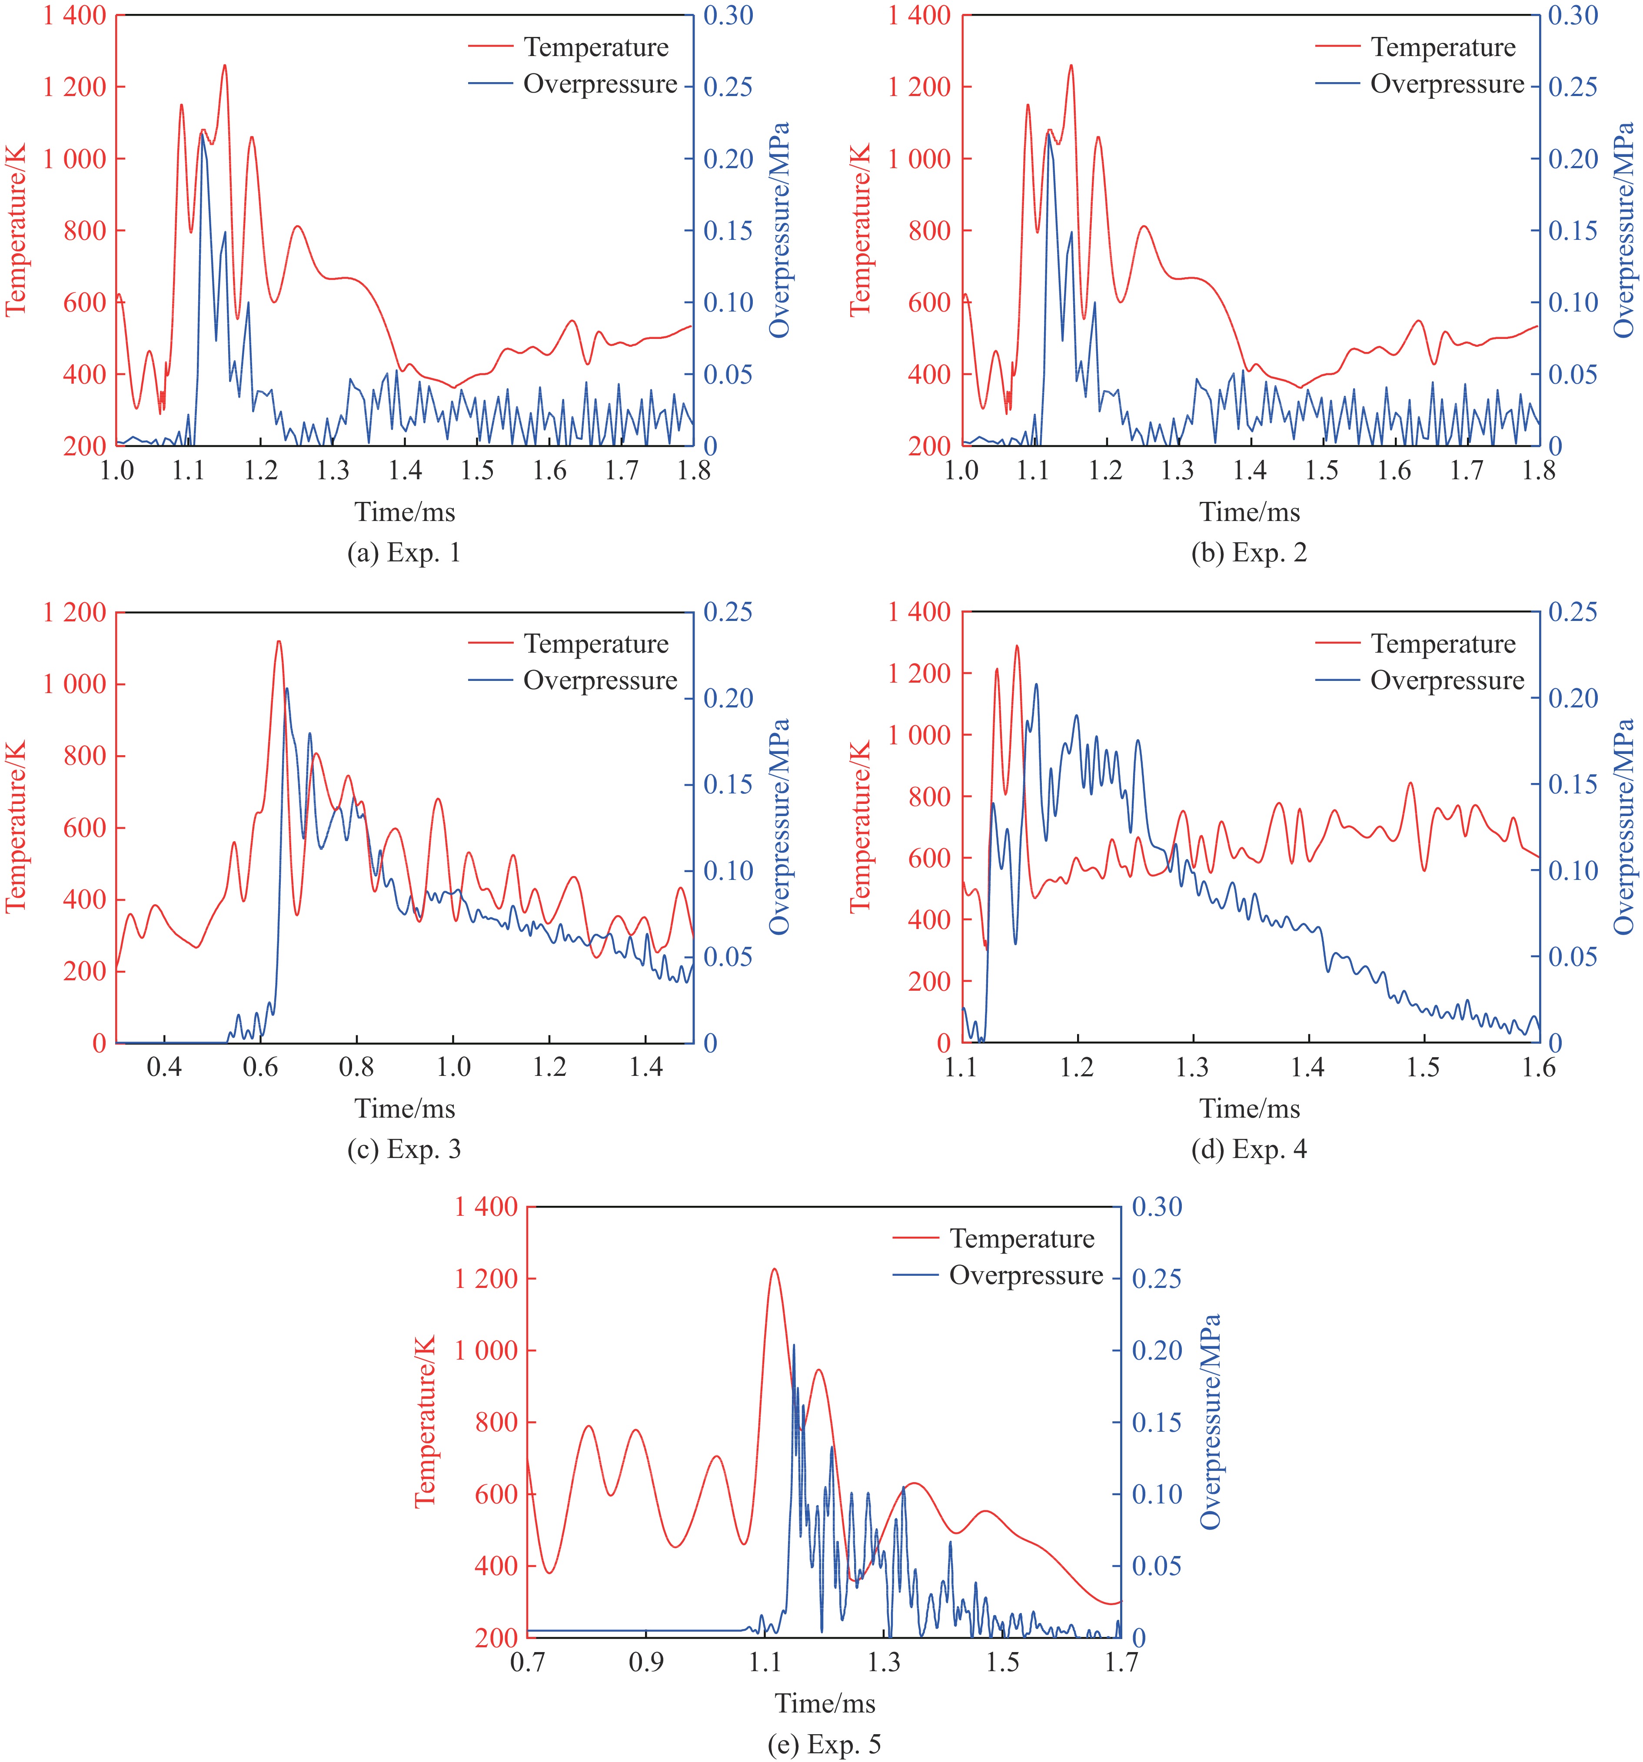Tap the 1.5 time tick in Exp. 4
click(1423, 1067)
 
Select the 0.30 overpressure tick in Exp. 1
click(728, 16)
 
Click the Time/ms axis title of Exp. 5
click(825, 1703)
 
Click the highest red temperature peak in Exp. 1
click(224, 66)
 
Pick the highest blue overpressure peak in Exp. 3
click(286, 689)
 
